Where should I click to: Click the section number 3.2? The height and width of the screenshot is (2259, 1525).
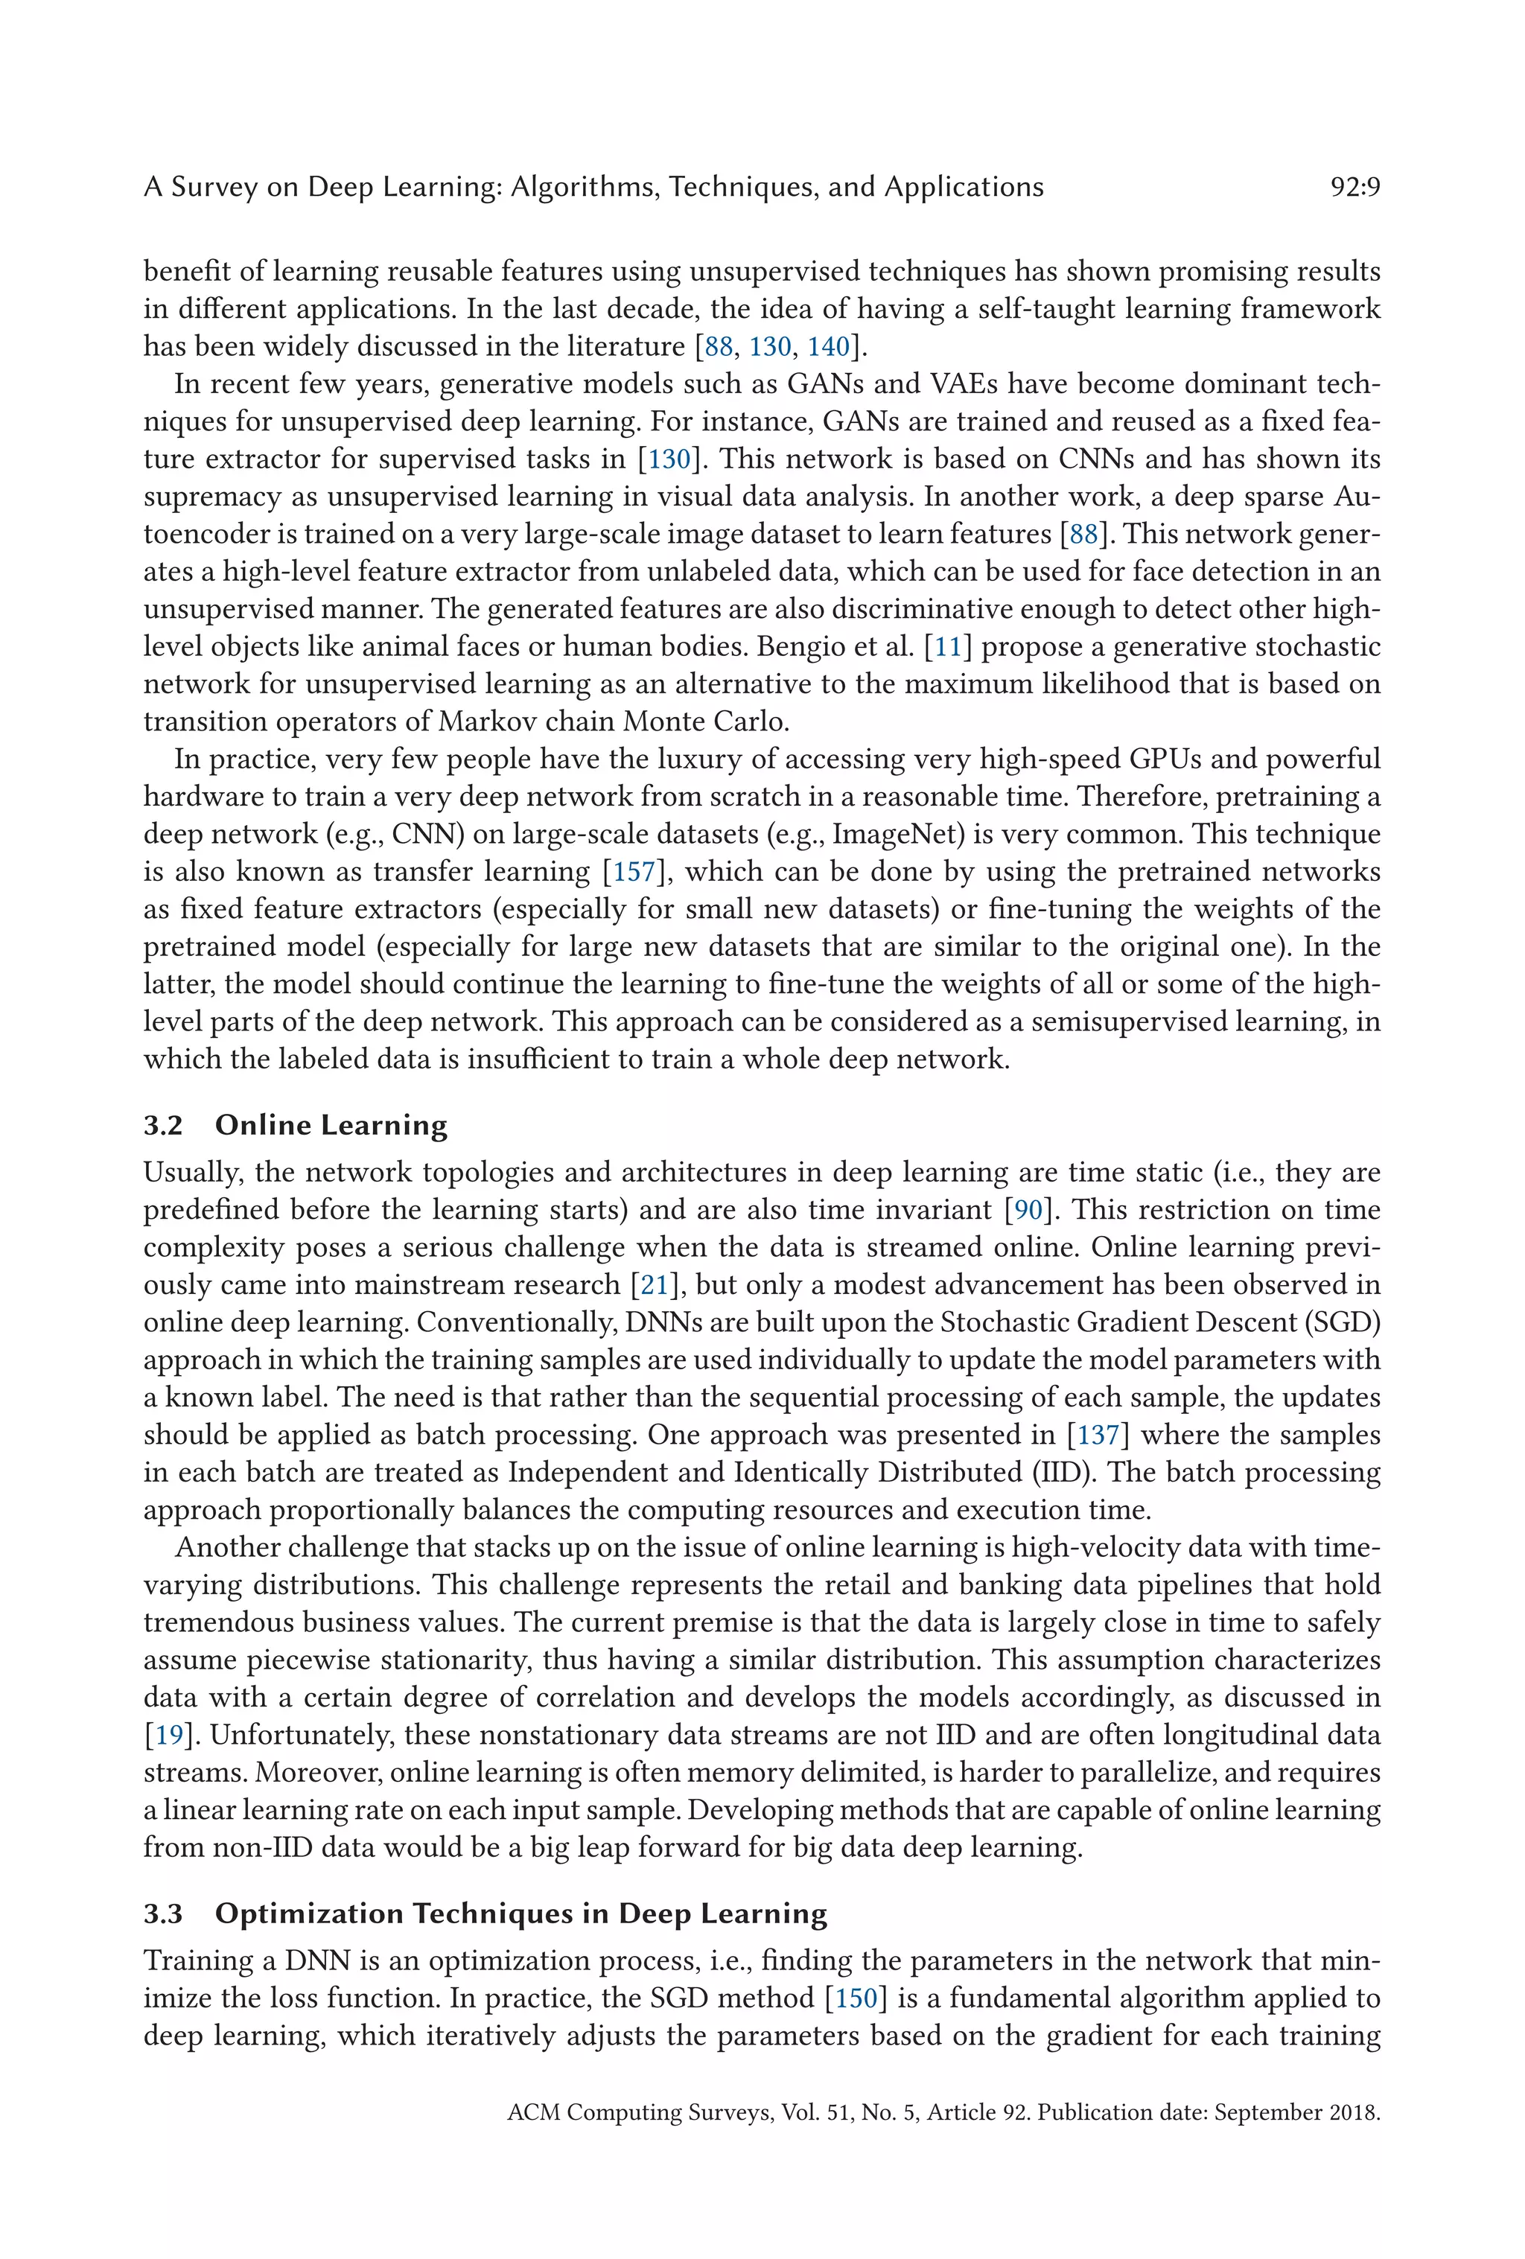tap(163, 1126)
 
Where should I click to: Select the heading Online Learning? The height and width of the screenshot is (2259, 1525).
tap(331, 1126)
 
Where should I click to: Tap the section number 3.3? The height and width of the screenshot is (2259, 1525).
tap(163, 1914)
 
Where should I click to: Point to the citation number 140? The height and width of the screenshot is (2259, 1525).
tap(828, 346)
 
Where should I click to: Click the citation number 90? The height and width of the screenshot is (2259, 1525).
tap(1028, 1210)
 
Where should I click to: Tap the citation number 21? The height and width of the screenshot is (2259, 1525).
tap(654, 1285)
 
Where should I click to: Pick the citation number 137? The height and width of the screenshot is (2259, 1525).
tap(1098, 1435)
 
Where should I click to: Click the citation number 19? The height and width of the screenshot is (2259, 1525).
tap(169, 1735)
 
